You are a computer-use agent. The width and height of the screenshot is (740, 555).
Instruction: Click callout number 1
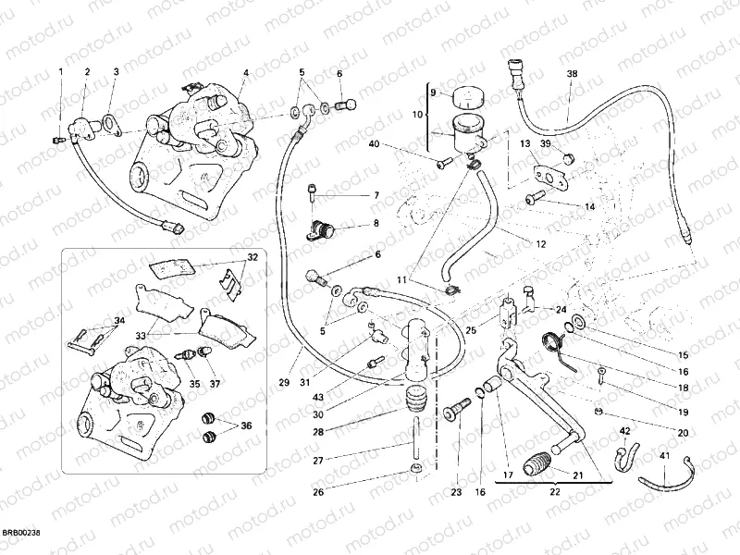tap(62, 71)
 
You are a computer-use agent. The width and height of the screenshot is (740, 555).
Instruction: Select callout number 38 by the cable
tap(571, 73)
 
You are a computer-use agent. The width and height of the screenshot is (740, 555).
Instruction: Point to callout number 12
tap(540, 244)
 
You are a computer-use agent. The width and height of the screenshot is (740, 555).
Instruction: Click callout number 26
tap(318, 492)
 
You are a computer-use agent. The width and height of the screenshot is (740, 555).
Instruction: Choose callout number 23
tap(456, 493)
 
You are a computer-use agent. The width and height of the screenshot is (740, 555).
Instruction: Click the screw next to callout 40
tap(441, 163)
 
